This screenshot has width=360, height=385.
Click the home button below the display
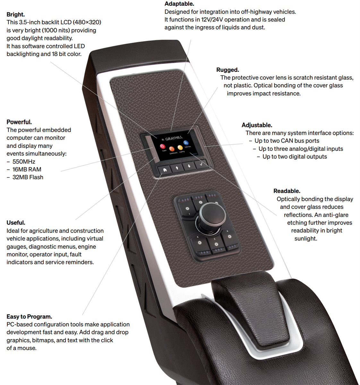click(165, 170)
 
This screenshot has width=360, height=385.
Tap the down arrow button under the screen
click(189, 166)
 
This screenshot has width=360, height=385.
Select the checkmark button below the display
click(201, 164)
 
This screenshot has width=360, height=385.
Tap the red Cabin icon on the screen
click(163, 147)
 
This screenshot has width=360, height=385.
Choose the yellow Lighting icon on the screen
click(180, 148)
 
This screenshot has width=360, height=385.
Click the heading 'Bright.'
click(16, 14)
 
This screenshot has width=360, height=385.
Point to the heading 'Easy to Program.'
click(29, 317)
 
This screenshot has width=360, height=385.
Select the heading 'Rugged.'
click(227, 70)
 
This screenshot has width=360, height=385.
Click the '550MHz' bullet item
click(24, 162)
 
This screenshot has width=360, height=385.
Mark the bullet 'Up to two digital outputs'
click(295, 157)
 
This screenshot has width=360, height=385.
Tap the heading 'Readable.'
click(287, 191)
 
